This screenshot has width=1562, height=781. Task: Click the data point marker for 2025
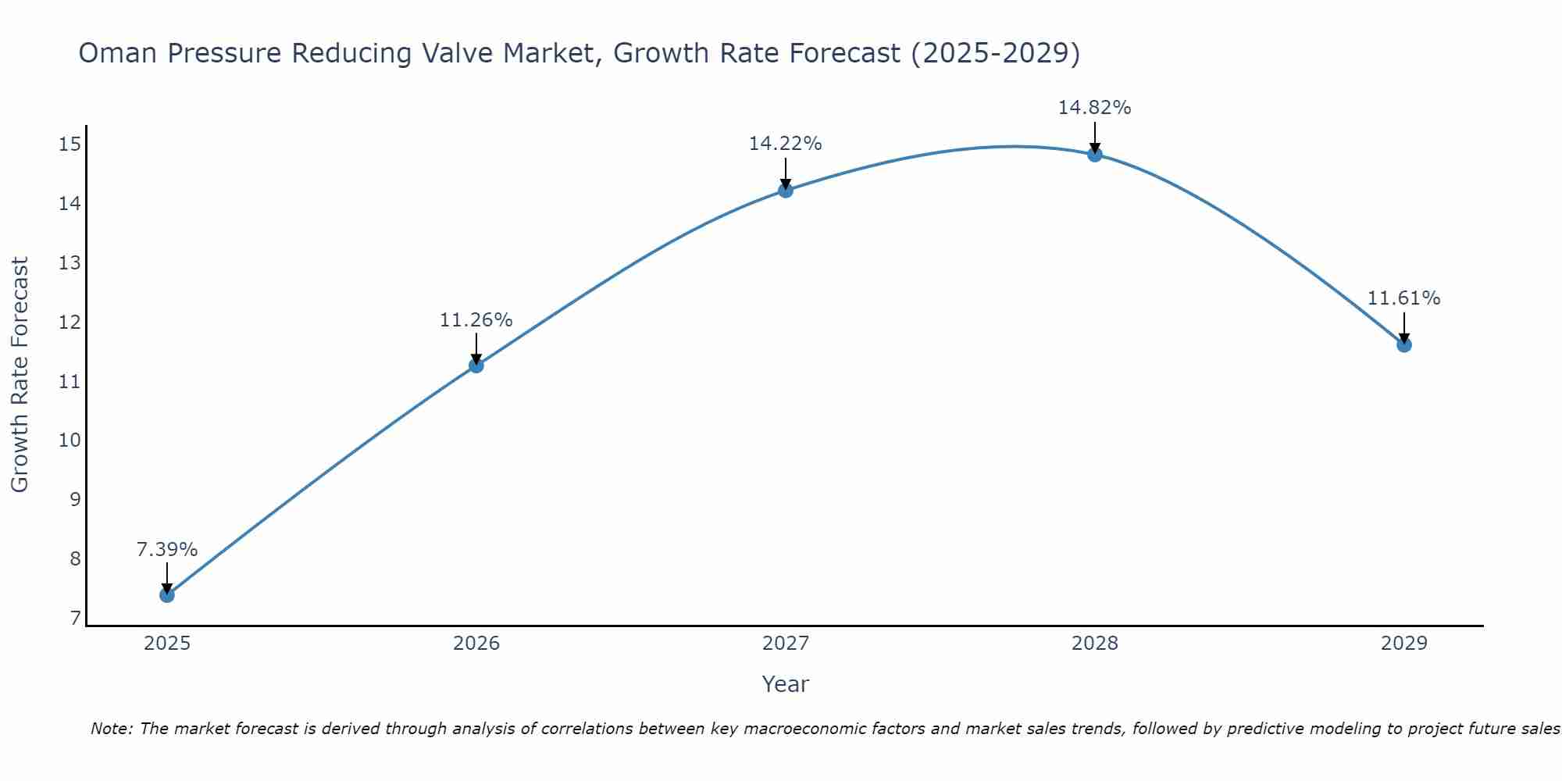tap(167, 595)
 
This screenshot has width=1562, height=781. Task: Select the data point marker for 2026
tap(476, 365)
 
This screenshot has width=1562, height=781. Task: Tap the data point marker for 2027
tap(786, 190)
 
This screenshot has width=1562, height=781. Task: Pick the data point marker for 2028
tap(1095, 155)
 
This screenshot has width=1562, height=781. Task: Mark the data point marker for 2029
tap(1404, 344)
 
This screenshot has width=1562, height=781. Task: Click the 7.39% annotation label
tap(167, 550)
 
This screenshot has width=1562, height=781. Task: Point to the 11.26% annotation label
tap(476, 320)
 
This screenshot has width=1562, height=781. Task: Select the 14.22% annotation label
tap(786, 144)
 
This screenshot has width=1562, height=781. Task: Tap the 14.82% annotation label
tap(1095, 108)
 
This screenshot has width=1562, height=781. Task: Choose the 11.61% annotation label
tap(1404, 298)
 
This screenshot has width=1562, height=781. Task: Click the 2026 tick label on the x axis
tap(476, 644)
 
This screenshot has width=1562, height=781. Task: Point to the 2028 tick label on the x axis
tap(1095, 644)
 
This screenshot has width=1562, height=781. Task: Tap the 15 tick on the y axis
tap(70, 144)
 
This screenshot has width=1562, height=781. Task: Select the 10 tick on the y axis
tap(70, 440)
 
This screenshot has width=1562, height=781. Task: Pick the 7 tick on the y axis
tap(75, 619)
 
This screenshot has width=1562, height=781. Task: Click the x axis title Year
tap(786, 684)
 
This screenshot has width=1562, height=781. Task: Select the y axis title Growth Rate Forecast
tap(20, 375)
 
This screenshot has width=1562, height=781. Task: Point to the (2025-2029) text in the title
tap(996, 53)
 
